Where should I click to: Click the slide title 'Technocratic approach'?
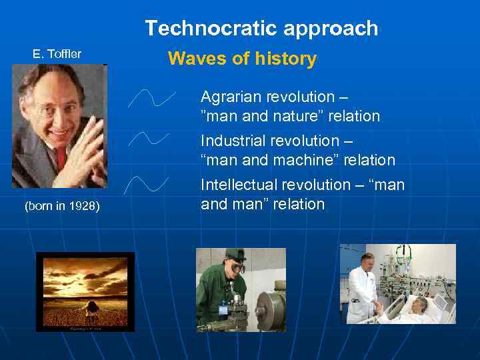pyautogui.click(x=261, y=28)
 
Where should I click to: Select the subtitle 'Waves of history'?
pyautogui.click(x=242, y=59)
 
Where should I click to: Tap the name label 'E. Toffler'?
pyautogui.click(x=57, y=54)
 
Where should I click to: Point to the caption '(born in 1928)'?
pyautogui.click(x=62, y=206)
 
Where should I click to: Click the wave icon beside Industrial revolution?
pyautogui.click(x=149, y=139)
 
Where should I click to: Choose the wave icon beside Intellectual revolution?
pyautogui.click(x=149, y=184)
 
